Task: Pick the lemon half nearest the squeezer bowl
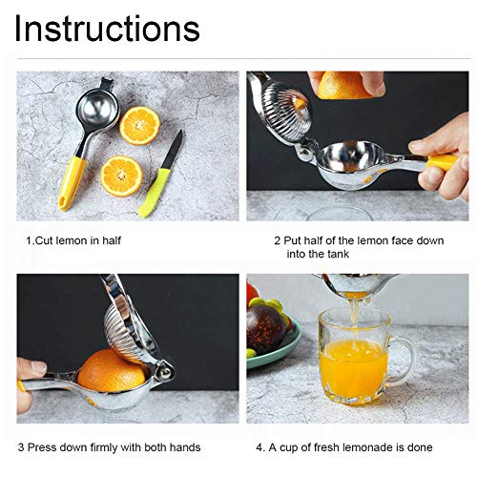(140, 124)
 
